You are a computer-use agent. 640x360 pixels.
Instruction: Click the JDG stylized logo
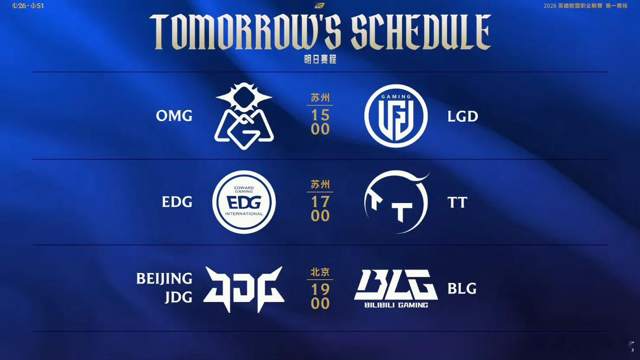244,289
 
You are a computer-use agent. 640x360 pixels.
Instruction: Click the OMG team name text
174,116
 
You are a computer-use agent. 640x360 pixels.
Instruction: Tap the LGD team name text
463,116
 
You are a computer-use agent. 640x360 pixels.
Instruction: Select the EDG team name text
177,202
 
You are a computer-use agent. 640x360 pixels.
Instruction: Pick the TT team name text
457,202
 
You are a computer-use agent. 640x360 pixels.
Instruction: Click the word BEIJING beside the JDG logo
164,279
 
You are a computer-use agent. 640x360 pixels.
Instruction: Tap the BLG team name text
462,289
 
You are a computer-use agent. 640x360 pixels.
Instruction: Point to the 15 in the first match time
320,116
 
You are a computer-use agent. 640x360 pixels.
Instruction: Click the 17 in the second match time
320,202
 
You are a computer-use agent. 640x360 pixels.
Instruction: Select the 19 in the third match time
320,289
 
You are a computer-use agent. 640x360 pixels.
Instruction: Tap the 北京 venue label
320,272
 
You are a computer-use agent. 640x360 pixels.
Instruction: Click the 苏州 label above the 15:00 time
320,98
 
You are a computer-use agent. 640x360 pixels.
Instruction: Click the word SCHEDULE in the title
421,32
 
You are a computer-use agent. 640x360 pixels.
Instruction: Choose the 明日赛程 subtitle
320,59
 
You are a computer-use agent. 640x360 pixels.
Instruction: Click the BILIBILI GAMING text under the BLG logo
396,305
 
